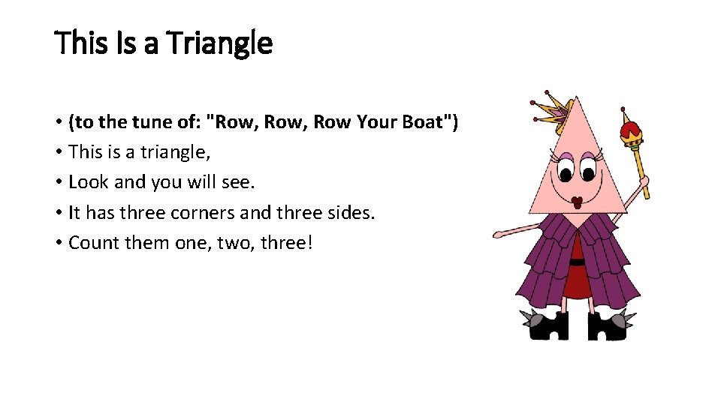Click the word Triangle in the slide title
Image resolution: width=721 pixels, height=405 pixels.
click(x=219, y=43)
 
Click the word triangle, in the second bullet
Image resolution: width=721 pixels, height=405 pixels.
click(x=173, y=152)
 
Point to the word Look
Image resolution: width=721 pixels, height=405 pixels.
click(x=86, y=182)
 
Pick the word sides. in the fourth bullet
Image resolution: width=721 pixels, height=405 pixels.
click(x=348, y=212)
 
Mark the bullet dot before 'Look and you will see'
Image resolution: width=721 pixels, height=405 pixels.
click(x=59, y=183)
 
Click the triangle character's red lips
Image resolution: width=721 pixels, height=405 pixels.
click(x=578, y=202)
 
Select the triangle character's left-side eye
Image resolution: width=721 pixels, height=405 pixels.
click(x=563, y=170)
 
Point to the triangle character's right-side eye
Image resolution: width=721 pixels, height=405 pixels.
click(x=590, y=170)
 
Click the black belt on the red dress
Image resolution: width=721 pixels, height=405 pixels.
click(x=577, y=262)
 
